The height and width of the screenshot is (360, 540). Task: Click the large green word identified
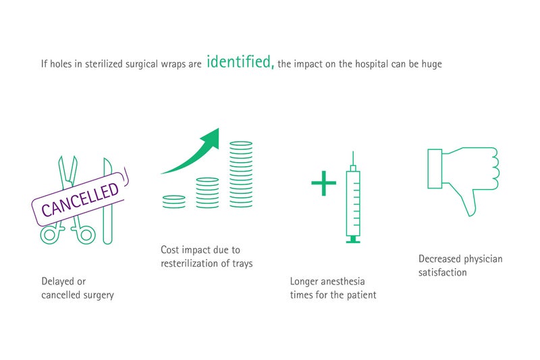pos(240,62)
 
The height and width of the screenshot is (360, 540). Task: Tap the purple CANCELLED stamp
pos(80,199)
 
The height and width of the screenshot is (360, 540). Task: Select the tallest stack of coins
pos(241,175)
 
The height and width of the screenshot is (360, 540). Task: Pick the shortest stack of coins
pos(174,202)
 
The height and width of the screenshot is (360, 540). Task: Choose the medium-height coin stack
pos(207,193)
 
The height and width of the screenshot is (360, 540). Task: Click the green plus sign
pos(324,183)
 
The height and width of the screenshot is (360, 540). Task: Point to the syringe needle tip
pos(353,152)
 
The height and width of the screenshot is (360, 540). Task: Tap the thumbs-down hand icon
pos(463,172)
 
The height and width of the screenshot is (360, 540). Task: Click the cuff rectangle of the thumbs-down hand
pos(435,169)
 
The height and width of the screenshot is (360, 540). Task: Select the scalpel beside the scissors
pos(108,201)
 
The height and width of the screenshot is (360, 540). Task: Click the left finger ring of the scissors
pos(49,235)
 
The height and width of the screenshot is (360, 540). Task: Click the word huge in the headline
pos(431,65)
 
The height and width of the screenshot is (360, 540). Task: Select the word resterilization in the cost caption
pos(190,263)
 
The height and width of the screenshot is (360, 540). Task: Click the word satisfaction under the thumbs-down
pos(443,272)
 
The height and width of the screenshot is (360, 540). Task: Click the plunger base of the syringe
pos(353,241)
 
